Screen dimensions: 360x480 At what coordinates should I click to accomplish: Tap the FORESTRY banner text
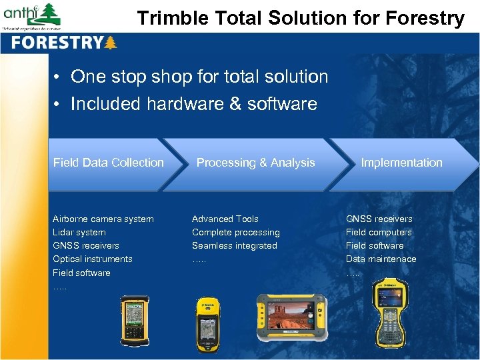[x=56, y=43]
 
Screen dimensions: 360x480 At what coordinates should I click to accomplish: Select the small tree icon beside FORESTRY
[x=110, y=43]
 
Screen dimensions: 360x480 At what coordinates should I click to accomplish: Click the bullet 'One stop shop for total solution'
[x=199, y=77]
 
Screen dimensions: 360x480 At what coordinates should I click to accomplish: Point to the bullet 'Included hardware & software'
[x=193, y=104]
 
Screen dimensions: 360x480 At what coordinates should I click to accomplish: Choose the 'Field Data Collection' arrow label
[x=108, y=163]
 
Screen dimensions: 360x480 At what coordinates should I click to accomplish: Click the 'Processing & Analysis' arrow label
[x=255, y=163]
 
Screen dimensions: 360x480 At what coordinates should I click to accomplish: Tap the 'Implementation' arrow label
[x=401, y=163]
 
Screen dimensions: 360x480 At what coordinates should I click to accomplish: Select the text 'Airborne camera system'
[x=103, y=219]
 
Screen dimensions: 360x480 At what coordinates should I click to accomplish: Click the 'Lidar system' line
[x=79, y=232]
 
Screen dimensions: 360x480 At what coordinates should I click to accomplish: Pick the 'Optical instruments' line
[x=92, y=259]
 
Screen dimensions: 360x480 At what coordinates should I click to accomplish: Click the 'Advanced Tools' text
[x=225, y=219]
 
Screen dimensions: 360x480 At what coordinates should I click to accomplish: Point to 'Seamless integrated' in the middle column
[x=234, y=245]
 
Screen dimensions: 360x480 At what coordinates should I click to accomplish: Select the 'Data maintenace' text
[x=381, y=259]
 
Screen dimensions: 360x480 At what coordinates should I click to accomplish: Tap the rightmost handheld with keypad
[x=393, y=316]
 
